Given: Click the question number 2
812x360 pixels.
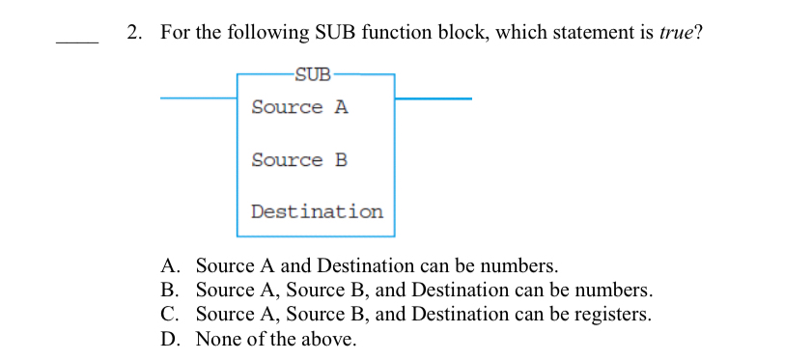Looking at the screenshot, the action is pos(133,33).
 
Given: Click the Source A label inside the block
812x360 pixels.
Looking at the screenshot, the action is pos(299,107).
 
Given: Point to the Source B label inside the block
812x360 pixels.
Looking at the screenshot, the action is pos(299,159).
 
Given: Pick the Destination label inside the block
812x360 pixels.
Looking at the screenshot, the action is pos(317,210).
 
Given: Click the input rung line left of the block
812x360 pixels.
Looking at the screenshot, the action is pos(198,97).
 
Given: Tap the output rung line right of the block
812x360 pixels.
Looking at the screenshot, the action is pos(434,97).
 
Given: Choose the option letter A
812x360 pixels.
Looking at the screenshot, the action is pos(169,265).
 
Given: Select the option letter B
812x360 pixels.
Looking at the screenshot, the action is pos(169,290).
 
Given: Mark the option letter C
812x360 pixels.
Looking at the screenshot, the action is pos(169,314).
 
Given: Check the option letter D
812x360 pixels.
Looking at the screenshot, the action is pos(169,339).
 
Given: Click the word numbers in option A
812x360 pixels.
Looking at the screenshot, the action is pos(519,265).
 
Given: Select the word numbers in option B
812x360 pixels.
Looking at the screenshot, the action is pos(615,290).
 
